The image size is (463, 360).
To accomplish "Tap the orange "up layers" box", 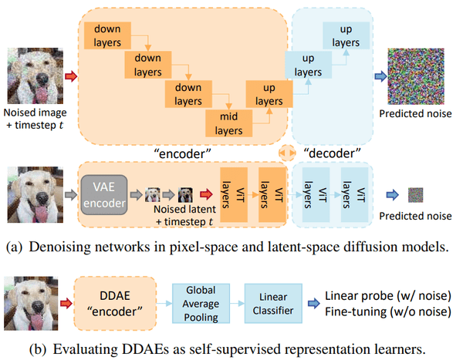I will (263, 96).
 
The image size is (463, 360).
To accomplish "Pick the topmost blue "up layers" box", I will (340, 34).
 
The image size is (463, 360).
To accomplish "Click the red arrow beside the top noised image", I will (70, 76).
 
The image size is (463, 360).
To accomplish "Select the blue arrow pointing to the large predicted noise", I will (380, 76).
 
